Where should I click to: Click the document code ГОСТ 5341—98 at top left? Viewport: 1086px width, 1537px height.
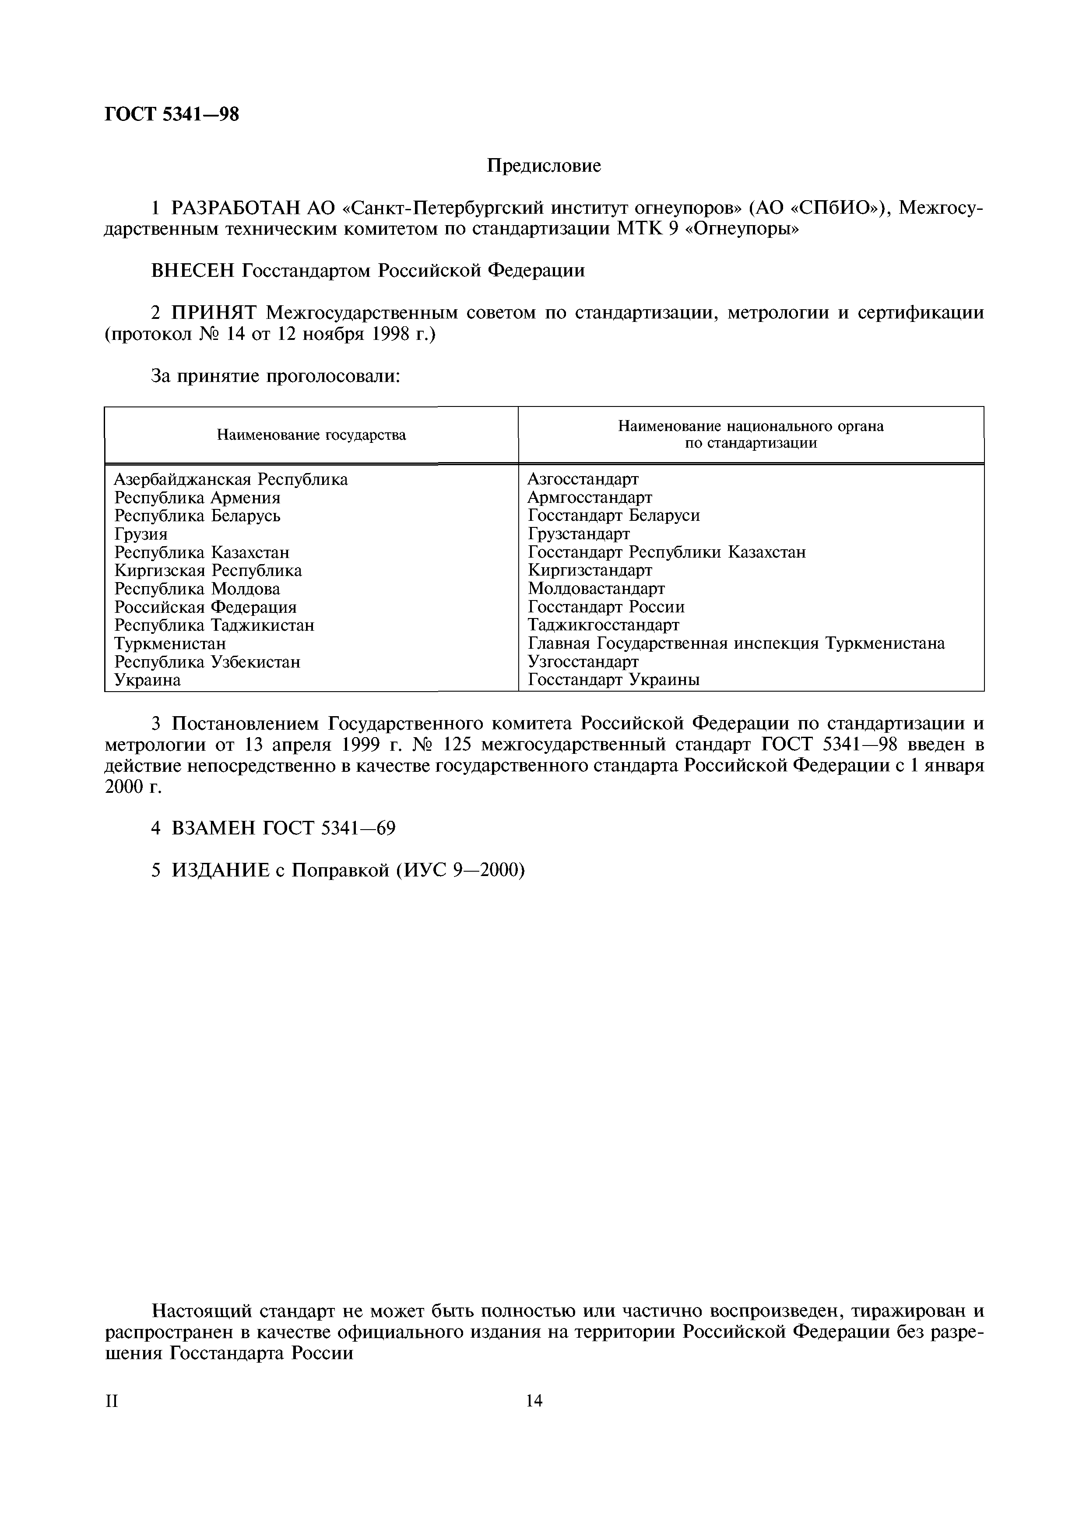point(171,114)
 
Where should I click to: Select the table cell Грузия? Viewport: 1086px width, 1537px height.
point(141,534)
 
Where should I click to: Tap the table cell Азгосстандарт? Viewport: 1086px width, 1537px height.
point(583,479)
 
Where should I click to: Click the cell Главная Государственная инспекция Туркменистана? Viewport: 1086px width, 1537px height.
point(736,643)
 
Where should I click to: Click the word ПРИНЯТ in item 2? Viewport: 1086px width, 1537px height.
point(215,313)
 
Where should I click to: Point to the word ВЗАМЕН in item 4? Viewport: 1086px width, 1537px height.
point(212,828)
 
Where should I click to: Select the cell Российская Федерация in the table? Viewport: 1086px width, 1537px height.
point(205,607)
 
